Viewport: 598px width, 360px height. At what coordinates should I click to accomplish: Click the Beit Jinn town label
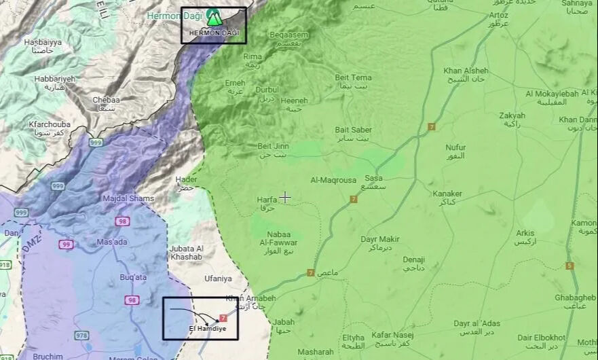point(273,146)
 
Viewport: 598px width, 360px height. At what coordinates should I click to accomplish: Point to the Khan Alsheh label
point(466,71)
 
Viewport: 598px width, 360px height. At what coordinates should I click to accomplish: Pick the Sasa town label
point(374,178)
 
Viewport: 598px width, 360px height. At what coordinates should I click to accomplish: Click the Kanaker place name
point(447,194)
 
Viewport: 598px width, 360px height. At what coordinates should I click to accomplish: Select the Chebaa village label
point(106,100)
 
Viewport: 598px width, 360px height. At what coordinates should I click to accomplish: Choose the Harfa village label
point(267,200)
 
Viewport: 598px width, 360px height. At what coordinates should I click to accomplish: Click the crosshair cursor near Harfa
point(285,197)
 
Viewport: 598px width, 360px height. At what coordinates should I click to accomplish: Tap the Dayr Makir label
point(379,239)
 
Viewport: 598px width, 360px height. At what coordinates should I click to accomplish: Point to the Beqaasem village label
point(288,35)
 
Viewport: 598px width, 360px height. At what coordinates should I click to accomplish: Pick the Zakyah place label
point(512,115)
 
